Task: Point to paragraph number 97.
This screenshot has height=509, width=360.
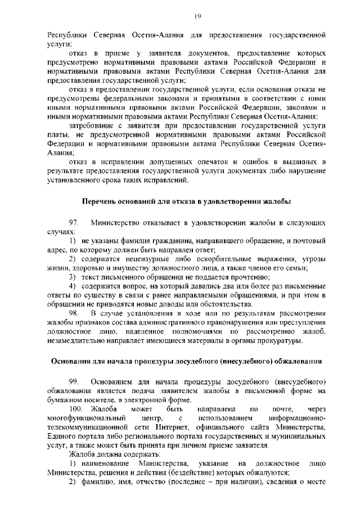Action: (x=74, y=223)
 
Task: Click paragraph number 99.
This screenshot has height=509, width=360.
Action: (x=74, y=382)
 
